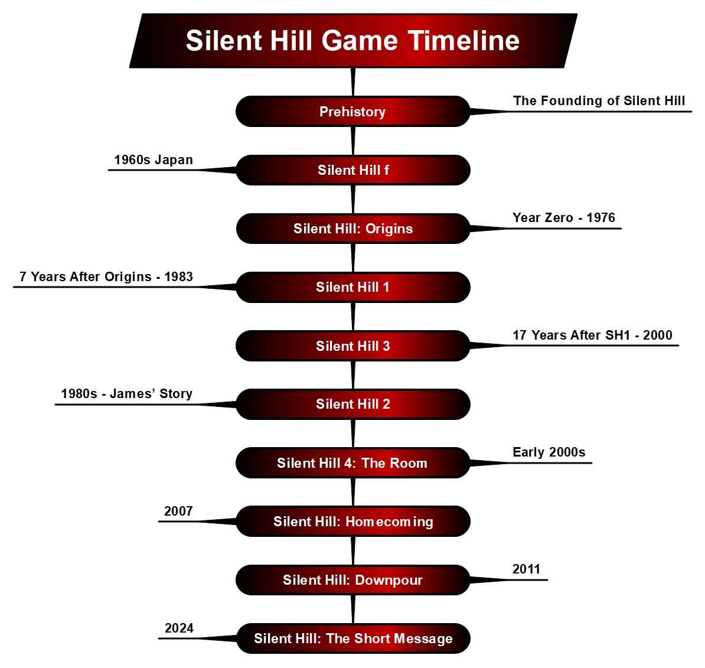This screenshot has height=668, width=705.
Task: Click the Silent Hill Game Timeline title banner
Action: point(352,41)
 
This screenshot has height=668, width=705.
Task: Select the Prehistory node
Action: point(352,112)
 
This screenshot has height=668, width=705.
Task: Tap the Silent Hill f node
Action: point(352,170)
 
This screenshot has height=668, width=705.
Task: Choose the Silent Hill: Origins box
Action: point(352,229)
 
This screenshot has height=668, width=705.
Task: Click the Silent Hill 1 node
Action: point(352,287)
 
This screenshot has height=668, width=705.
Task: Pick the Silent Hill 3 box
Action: point(352,346)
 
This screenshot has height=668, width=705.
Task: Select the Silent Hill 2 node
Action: point(352,404)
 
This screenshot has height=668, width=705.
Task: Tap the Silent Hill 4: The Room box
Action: point(352,463)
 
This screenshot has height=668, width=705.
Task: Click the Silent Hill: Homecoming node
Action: point(352,522)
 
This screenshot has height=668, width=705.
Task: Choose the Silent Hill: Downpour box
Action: point(352,580)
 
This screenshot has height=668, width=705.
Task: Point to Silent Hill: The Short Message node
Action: point(352,638)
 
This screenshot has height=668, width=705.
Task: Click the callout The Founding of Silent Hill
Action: point(599,101)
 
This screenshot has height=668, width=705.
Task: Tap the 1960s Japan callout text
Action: point(154,160)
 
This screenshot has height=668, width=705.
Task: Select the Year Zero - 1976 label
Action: point(563,218)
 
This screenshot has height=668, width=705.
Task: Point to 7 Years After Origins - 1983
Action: point(106,277)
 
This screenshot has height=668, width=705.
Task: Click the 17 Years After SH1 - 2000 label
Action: point(592,335)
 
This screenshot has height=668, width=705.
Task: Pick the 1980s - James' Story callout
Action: point(126,394)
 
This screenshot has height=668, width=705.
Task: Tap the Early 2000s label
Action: point(549,452)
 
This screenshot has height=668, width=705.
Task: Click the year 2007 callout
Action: point(178,511)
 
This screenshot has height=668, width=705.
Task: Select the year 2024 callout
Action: point(179,628)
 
